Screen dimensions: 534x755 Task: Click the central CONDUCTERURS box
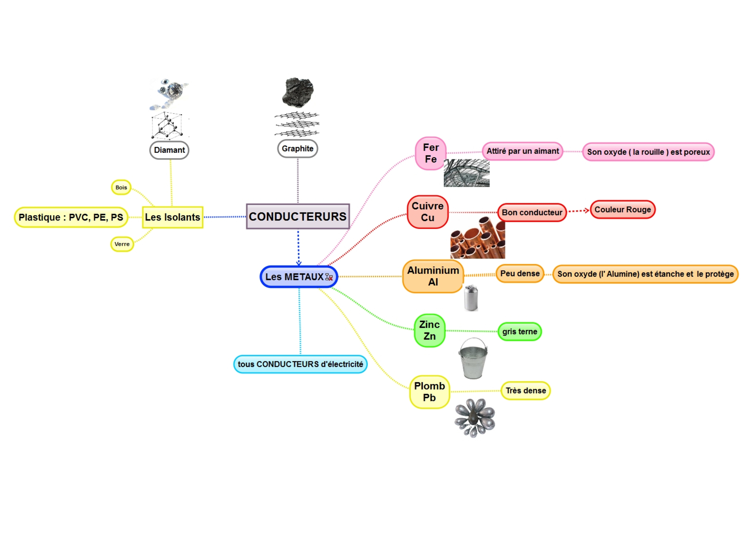tap(297, 216)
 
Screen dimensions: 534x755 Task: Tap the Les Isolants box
tap(172, 217)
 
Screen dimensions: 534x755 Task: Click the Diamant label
tap(169, 150)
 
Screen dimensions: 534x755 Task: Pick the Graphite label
tap(297, 149)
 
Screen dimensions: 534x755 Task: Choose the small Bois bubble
tap(121, 187)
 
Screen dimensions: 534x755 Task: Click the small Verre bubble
tap(122, 244)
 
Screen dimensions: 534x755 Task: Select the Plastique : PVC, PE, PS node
tap(71, 217)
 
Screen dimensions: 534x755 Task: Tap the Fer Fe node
tap(430, 153)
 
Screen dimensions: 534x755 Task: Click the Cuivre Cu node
tap(427, 212)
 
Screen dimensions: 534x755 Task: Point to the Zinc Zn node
tap(429, 330)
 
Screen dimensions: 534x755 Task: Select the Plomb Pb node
tap(429, 392)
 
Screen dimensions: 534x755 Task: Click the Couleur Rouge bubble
tap(622, 210)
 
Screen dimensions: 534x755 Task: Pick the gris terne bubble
tap(520, 332)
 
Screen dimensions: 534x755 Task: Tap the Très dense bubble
tap(526, 391)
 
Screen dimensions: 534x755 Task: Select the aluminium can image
tap(471, 298)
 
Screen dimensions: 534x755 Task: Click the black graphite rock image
tap(297, 92)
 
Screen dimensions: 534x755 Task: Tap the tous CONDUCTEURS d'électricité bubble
tap(300, 364)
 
